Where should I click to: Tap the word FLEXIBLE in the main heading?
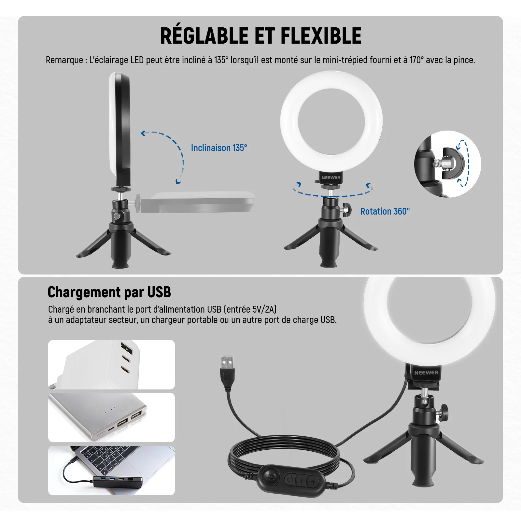pyautogui.click(x=321, y=35)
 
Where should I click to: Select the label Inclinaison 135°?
pyautogui.click(x=219, y=148)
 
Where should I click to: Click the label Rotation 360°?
pyautogui.click(x=385, y=211)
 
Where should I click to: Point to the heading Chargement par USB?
pyautogui.click(x=109, y=292)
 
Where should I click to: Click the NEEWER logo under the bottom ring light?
pyautogui.click(x=426, y=373)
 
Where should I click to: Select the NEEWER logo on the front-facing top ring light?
pyautogui.click(x=331, y=177)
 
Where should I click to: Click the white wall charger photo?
pyautogui.click(x=111, y=364)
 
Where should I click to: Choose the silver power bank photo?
pyautogui.click(x=111, y=417)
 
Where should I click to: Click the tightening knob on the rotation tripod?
pyautogui.click(x=346, y=210)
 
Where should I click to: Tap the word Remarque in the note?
pyautogui.click(x=64, y=60)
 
